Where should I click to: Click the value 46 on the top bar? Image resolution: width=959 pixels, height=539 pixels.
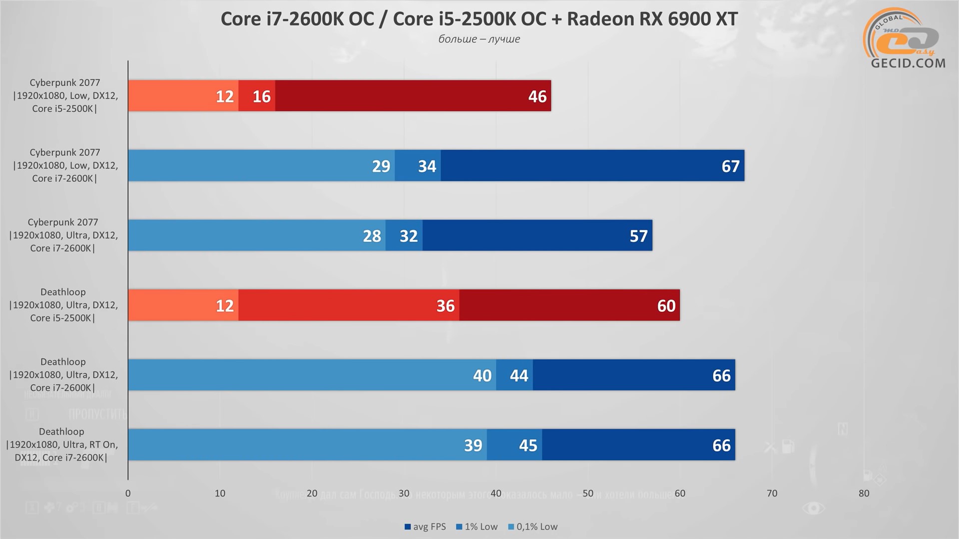[x=537, y=96]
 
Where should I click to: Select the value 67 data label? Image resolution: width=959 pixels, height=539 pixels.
[x=730, y=166]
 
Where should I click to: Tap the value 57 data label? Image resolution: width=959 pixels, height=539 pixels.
[x=638, y=236]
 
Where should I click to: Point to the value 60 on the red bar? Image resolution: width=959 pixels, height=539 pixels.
[x=666, y=306]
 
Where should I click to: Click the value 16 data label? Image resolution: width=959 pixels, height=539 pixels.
[x=261, y=96]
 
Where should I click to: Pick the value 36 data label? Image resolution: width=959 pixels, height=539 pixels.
[x=446, y=306]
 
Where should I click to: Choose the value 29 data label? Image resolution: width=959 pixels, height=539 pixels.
[x=381, y=166]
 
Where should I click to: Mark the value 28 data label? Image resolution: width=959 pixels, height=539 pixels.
[x=372, y=236]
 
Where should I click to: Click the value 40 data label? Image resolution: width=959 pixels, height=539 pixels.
[x=482, y=376]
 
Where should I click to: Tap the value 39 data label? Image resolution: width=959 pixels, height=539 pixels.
[x=473, y=446]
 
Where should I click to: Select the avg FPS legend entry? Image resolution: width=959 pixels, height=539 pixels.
[x=425, y=527]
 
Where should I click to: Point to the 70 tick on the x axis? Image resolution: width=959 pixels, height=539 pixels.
[x=772, y=494]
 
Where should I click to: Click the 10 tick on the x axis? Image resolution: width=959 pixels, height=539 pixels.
[x=220, y=494]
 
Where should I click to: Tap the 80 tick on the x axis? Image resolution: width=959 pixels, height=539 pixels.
[x=864, y=494]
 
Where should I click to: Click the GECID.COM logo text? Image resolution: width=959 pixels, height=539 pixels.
[x=908, y=63]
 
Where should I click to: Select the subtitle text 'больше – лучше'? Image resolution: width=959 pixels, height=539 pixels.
[x=479, y=39]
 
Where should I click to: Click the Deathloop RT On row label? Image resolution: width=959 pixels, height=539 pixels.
[x=62, y=445]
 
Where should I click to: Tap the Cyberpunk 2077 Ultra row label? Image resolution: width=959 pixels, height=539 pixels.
[x=63, y=235]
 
